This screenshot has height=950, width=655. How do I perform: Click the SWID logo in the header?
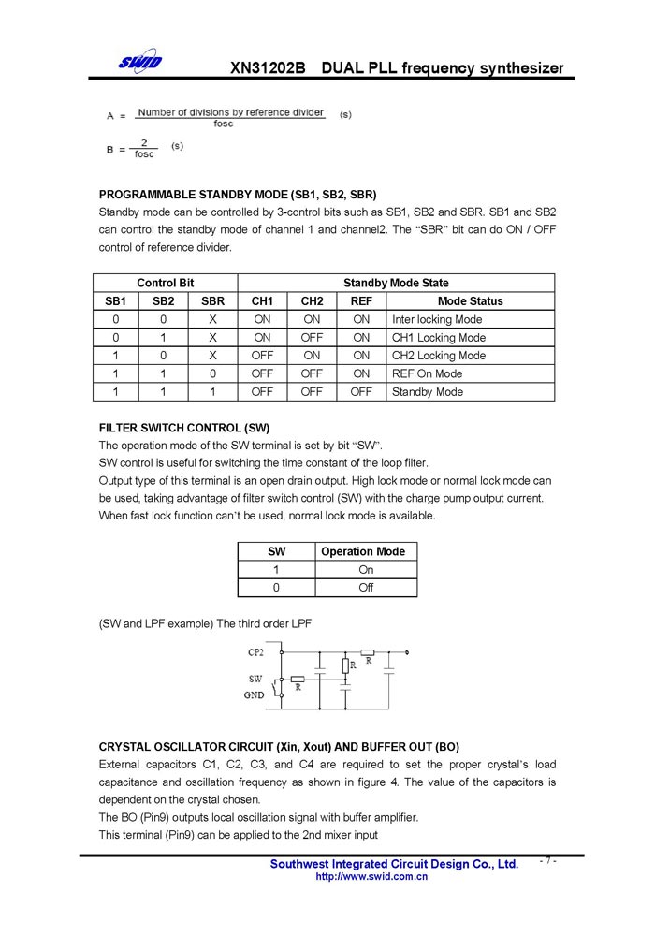click(139, 63)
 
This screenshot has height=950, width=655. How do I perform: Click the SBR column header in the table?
click(213, 301)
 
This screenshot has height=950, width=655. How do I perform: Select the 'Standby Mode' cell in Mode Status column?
click(427, 392)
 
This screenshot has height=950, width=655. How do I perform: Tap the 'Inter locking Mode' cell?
click(437, 319)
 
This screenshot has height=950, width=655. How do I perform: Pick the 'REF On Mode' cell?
click(427, 373)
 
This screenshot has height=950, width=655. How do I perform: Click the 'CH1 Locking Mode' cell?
click(439, 338)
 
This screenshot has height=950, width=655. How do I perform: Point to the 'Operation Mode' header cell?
click(363, 551)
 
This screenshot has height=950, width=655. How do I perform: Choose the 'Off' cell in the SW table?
click(366, 588)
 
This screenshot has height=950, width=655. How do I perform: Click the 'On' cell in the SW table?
click(366, 569)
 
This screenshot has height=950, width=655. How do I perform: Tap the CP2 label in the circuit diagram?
click(255, 651)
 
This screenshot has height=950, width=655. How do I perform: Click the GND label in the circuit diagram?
click(254, 695)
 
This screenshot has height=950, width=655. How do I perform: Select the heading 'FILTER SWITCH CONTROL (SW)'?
click(184, 428)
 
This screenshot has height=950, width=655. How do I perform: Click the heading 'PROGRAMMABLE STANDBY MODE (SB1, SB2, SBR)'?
click(238, 195)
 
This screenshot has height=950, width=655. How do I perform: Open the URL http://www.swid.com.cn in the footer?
click(371, 877)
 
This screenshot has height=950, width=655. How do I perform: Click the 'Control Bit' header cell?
click(166, 283)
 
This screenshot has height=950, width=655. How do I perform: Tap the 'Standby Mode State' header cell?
click(396, 283)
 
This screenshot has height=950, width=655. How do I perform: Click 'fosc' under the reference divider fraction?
click(224, 124)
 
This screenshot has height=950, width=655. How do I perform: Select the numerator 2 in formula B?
click(144, 143)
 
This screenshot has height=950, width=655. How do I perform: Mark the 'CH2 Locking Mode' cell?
click(439, 356)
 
